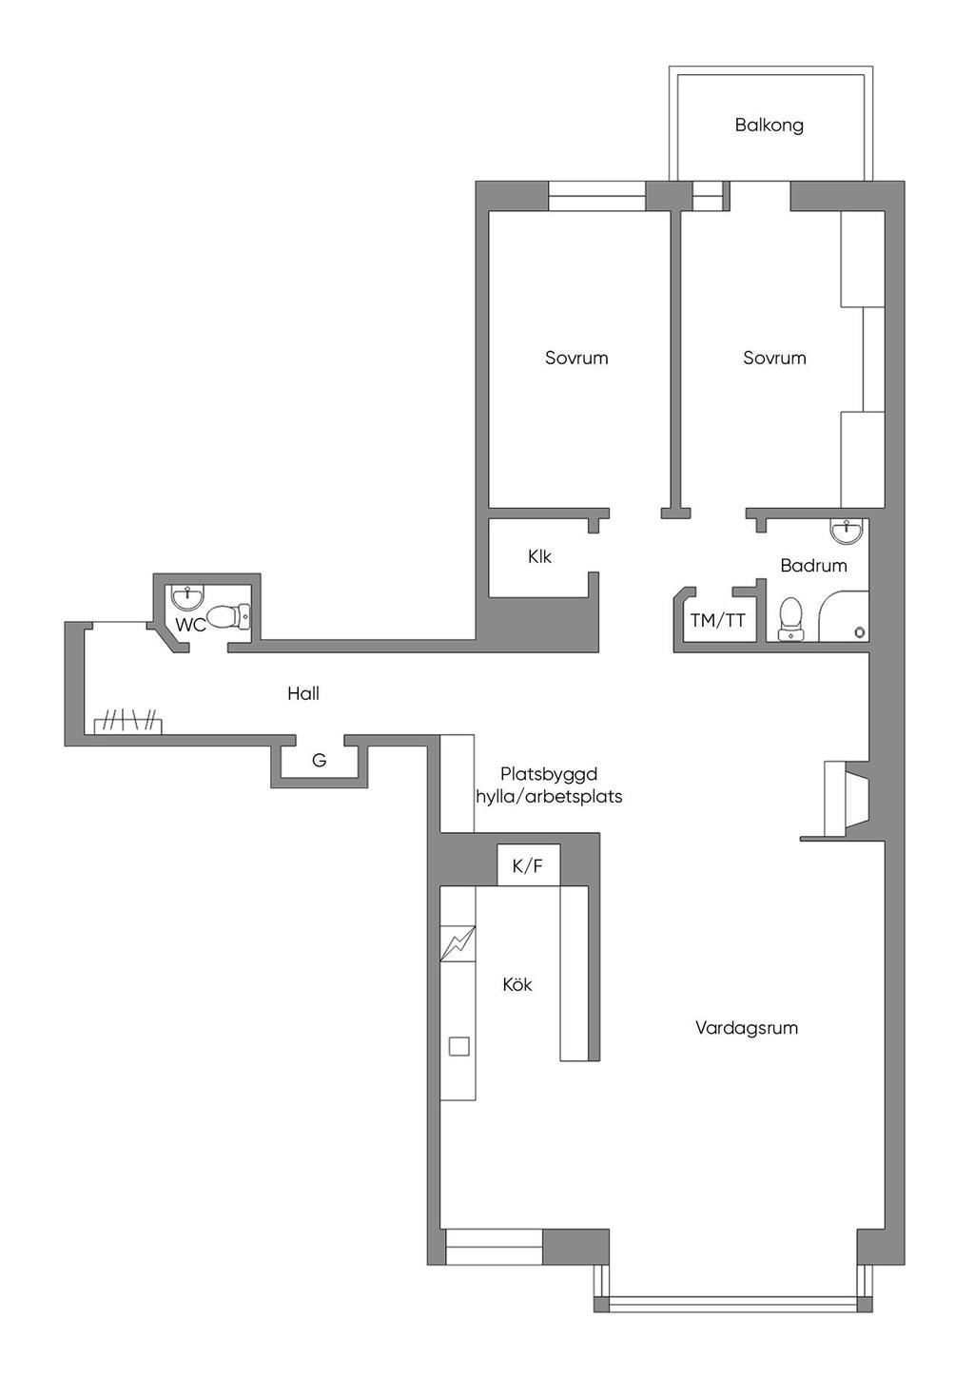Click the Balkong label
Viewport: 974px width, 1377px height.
769,126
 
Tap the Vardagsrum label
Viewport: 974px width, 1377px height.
747,1027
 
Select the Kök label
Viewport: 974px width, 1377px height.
517,984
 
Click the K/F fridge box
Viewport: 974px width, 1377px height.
528,866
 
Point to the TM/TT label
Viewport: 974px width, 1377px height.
717,620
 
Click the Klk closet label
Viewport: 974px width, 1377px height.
539,556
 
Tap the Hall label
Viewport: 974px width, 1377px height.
303,693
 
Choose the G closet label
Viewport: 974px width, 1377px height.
320,761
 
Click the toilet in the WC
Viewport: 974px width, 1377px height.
228,617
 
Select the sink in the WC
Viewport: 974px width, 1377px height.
186,594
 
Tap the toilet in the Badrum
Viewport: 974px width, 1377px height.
790,620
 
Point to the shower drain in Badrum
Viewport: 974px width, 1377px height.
860,631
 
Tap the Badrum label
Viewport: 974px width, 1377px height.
813,565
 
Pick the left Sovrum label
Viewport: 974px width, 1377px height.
576,358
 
